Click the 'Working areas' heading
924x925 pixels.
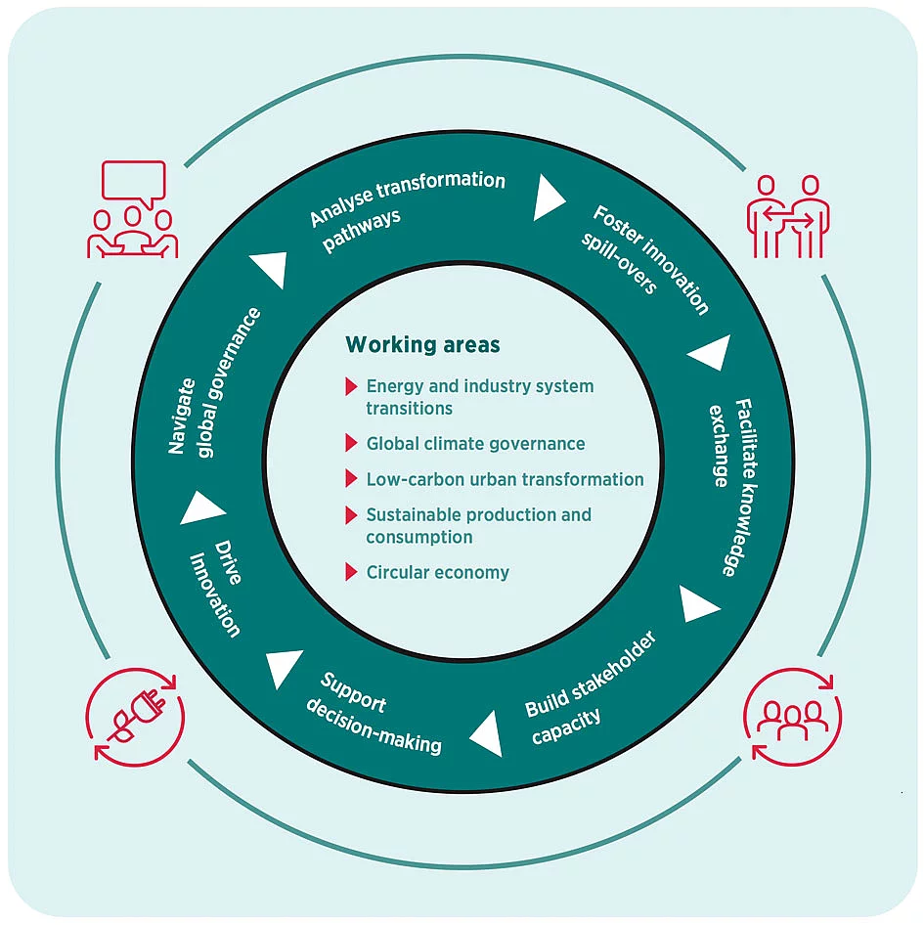[x=422, y=345]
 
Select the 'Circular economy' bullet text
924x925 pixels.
[x=437, y=573]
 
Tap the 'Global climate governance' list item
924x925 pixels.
[x=475, y=444]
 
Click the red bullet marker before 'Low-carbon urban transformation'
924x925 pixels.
[x=351, y=479]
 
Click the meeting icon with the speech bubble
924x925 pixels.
[x=133, y=211]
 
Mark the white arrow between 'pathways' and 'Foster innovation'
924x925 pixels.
[x=549, y=199]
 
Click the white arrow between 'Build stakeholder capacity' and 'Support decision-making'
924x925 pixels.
[x=487, y=733]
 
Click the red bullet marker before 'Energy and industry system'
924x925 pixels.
[x=351, y=386]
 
